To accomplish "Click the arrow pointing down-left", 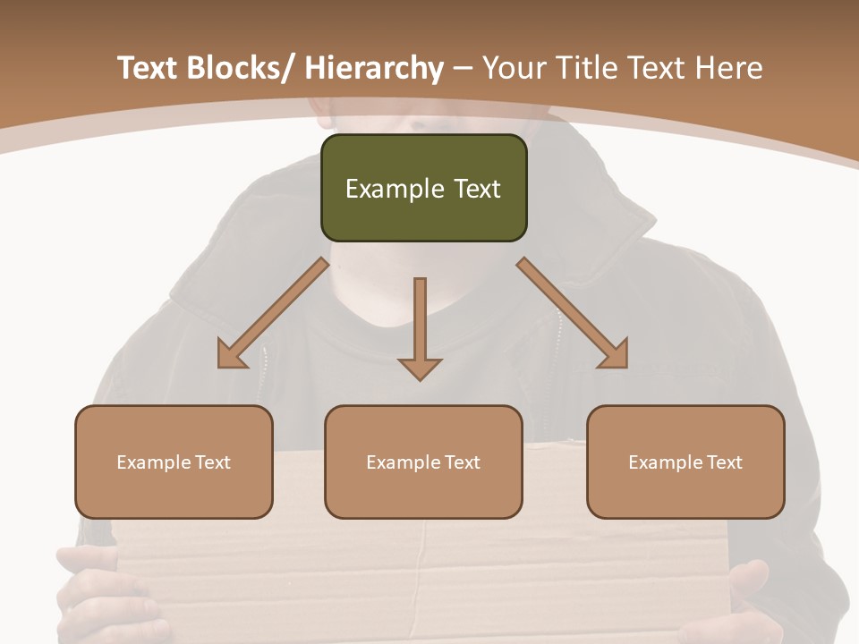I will tap(273, 313).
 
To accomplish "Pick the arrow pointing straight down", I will tap(420, 326).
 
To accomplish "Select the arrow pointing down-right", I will tap(573, 313).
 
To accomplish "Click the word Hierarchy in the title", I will tap(374, 68).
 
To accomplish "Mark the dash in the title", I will tap(463, 68).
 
